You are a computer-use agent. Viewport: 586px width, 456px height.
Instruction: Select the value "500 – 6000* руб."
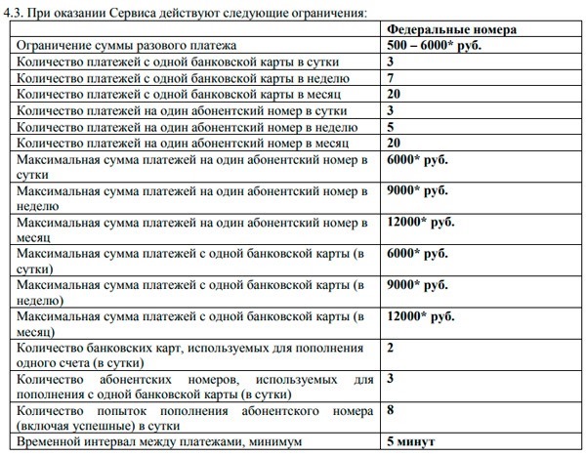tap(436, 46)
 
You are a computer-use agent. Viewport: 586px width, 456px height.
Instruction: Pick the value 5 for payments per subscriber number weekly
tap(391, 127)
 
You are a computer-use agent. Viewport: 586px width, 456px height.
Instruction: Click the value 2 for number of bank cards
tap(391, 348)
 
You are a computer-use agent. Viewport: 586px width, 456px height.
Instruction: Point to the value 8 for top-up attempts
tap(391, 410)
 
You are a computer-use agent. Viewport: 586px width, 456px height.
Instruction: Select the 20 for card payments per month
tap(395, 95)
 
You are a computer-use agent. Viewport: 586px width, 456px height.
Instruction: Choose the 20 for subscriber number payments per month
tap(395, 143)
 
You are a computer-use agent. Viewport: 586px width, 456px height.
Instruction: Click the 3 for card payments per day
tap(391, 62)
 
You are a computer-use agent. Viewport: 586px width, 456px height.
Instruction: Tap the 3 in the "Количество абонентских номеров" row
tap(391, 379)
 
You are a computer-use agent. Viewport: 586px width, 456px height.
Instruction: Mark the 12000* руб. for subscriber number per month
tap(421, 223)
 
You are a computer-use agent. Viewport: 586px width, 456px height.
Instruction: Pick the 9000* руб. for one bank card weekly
tap(417, 286)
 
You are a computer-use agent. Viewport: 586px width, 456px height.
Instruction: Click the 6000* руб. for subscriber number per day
tap(417, 159)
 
